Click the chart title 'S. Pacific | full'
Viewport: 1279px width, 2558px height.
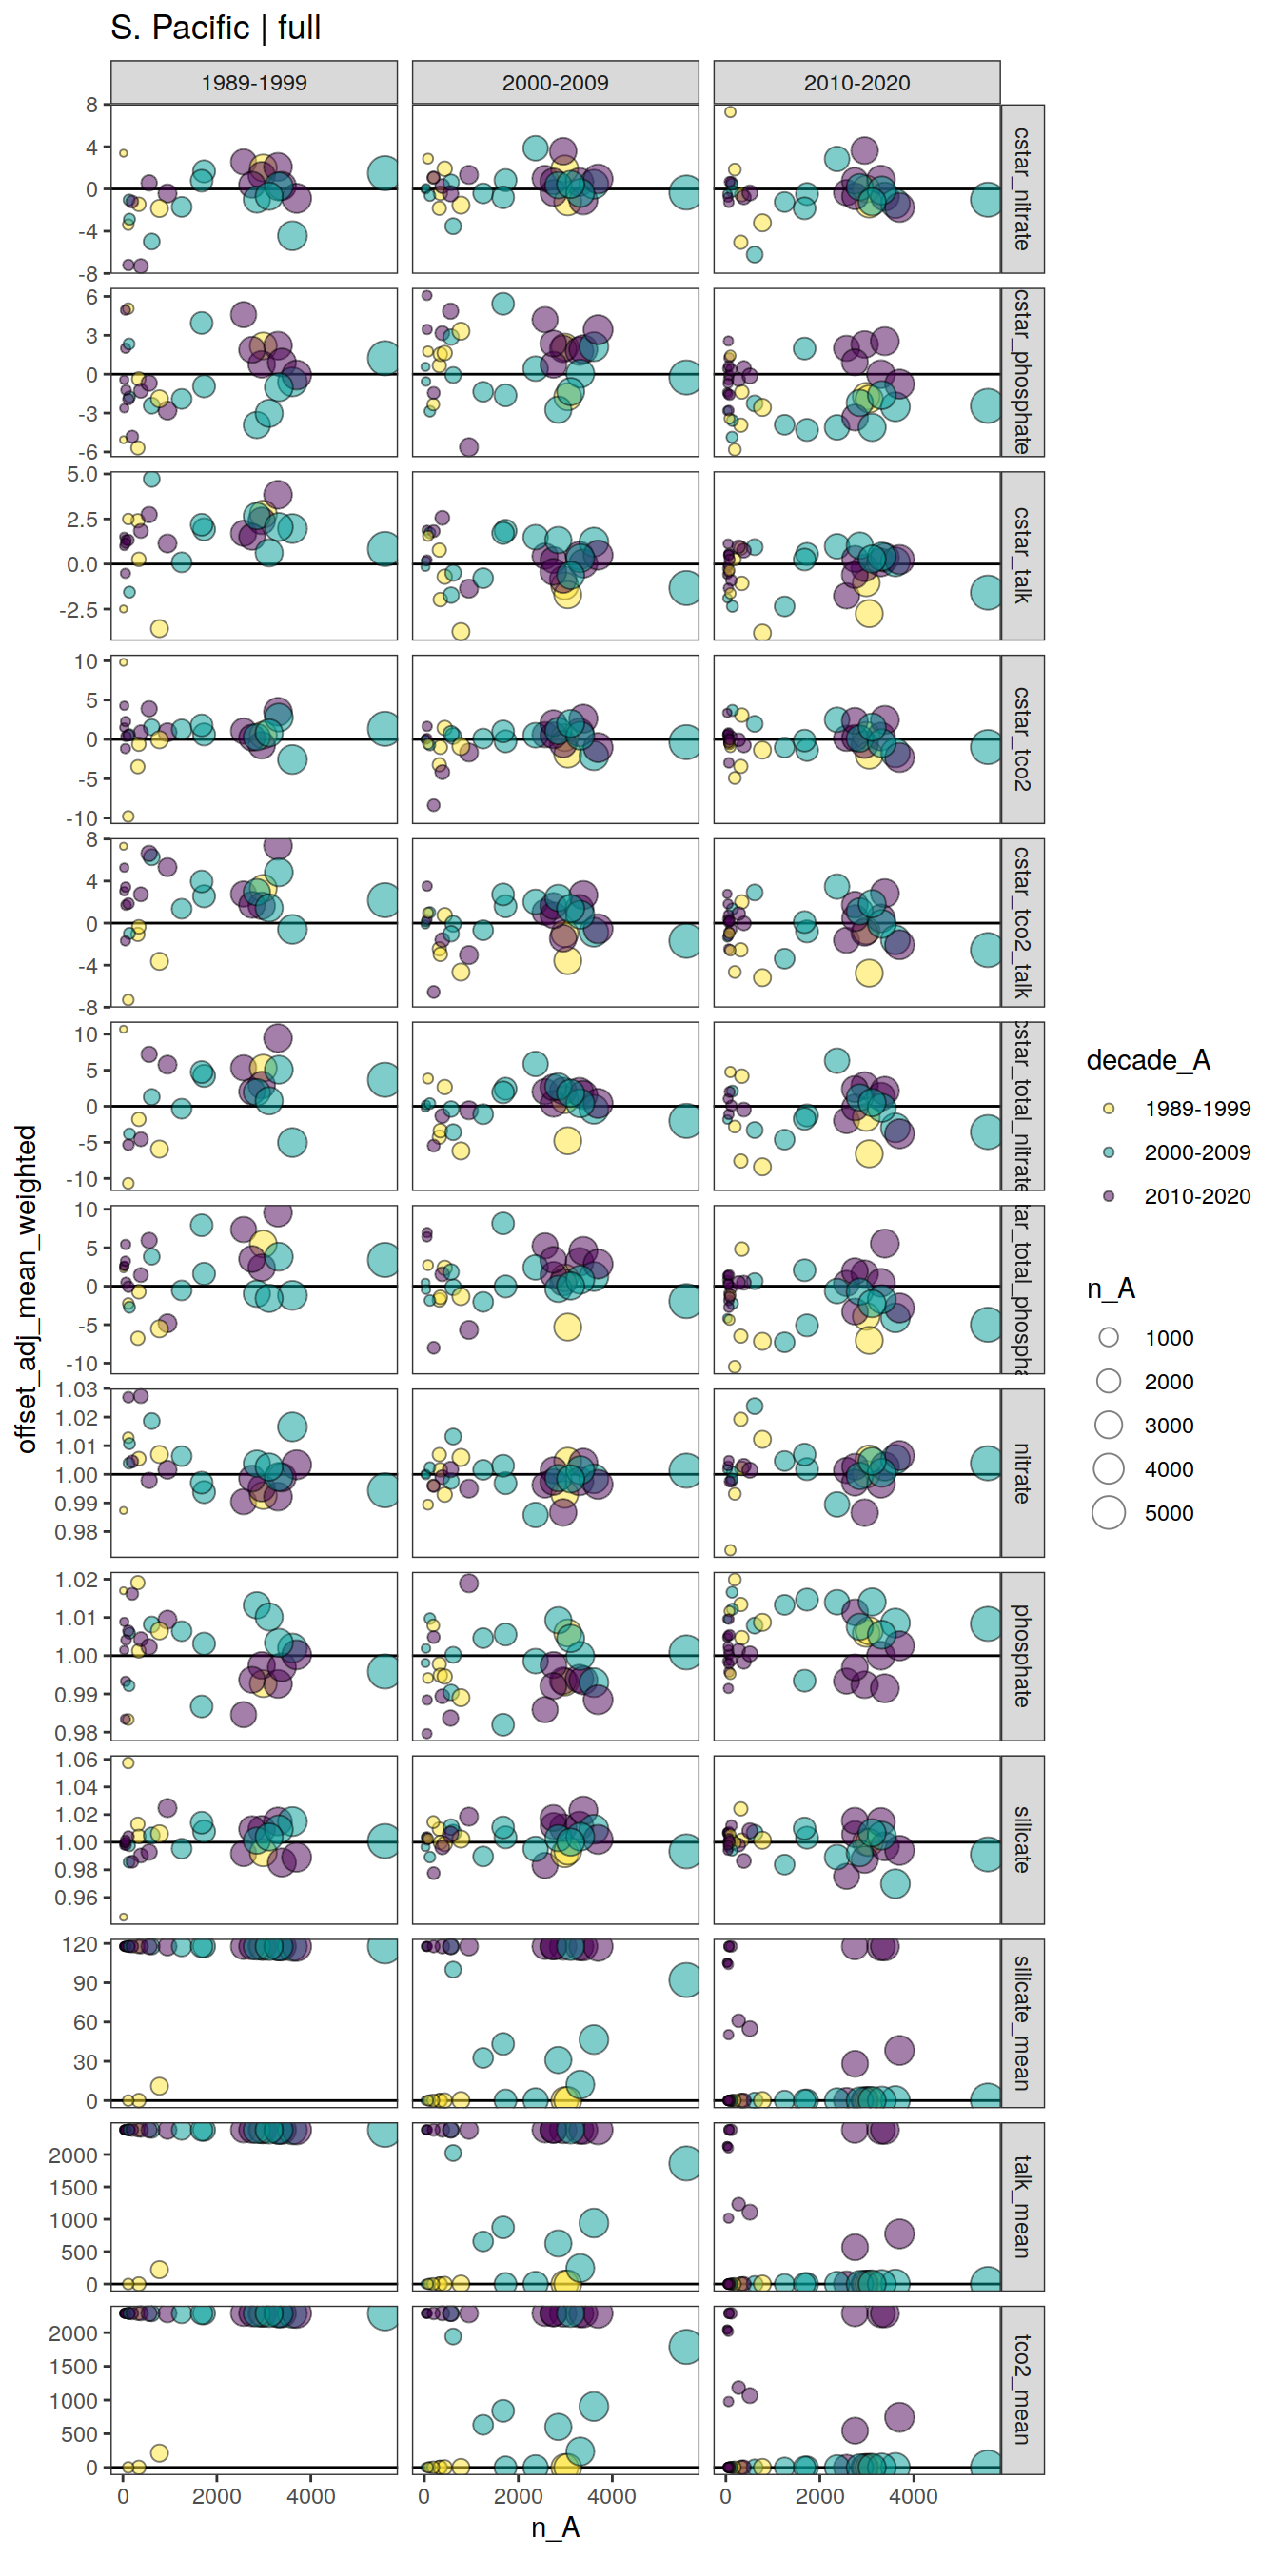tap(215, 28)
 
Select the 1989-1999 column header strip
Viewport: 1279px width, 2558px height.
tap(253, 83)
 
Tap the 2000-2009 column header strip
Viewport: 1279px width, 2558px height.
tap(555, 83)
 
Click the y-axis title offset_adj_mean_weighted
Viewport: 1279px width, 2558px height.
tap(27, 1289)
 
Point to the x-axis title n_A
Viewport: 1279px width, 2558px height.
tap(555, 2528)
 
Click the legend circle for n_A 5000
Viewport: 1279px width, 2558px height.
tap(1109, 1512)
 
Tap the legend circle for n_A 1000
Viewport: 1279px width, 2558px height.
tap(1109, 1338)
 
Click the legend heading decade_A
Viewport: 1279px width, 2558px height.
tap(1148, 1060)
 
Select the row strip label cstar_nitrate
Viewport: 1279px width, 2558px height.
tap(1022, 188)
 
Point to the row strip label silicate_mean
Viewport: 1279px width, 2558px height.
tap(1022, 2023)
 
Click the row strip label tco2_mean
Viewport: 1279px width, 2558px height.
tap(1022, 2390)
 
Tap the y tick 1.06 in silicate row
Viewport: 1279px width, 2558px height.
tap(76, 1760)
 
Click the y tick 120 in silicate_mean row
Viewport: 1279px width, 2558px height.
tap(79, 1943)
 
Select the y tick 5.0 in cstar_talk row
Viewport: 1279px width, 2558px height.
tap(82, 475)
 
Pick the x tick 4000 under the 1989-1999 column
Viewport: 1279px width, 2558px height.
tap(311, 2496)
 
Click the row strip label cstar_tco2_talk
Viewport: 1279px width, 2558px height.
tap(1022, 922)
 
